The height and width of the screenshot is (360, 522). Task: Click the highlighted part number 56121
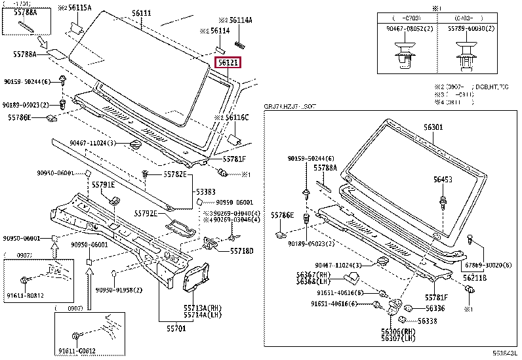coord(229,63)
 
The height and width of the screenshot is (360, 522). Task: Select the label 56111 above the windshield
coord(141,13)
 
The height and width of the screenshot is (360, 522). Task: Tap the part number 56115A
coord(79,7)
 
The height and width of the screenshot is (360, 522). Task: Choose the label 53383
coord(205,191)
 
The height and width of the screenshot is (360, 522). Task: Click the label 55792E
coord(146,214)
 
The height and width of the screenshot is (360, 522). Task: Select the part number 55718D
coord(241,251)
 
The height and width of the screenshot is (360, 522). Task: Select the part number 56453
coord(442,178)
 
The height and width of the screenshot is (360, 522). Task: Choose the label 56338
coord(427,321)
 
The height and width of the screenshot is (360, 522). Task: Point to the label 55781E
coord(103,186)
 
